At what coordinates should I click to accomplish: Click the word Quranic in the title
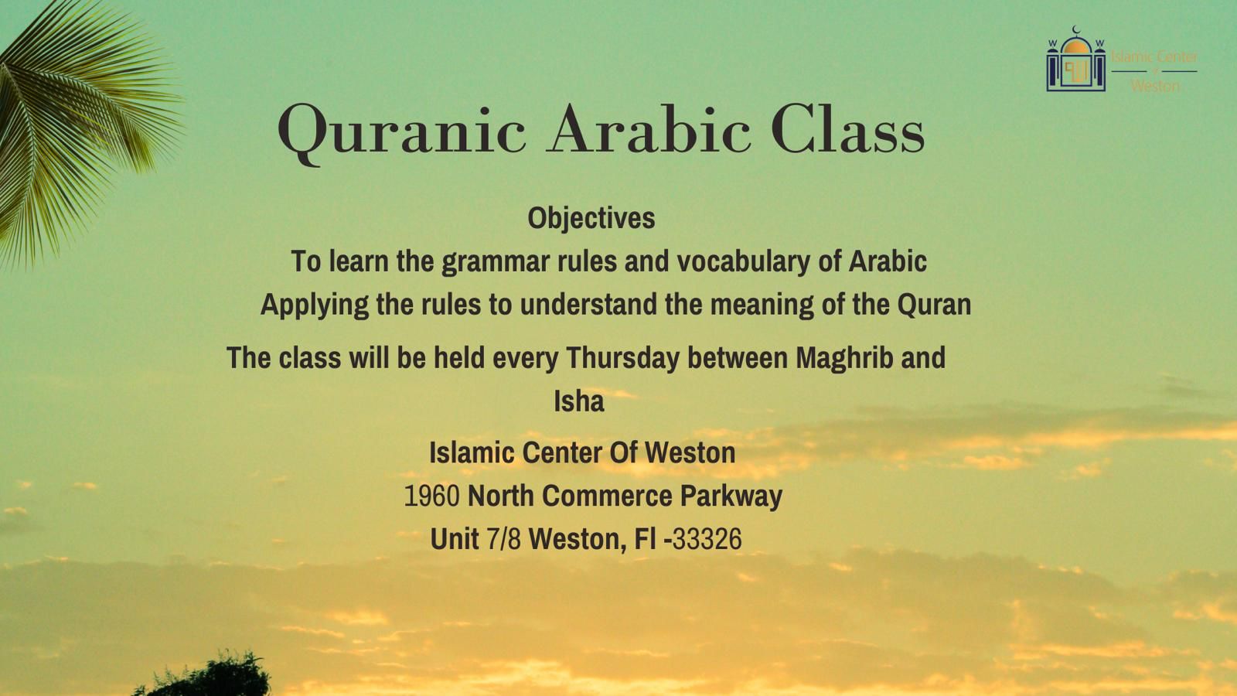(401, 132)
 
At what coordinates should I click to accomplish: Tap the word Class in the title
(847, 128)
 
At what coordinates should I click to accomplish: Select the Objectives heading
(591, 218)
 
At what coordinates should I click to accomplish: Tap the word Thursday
(622, 358)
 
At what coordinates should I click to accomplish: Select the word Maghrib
(844, 358)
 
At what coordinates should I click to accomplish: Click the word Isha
(579, 401)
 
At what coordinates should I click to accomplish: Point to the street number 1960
(432, 496)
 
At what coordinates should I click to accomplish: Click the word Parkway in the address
(731, 496)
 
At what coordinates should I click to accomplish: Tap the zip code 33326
(707, 539)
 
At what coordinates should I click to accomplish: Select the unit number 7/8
(503, 539)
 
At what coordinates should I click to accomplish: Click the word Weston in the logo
(1155, 86)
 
